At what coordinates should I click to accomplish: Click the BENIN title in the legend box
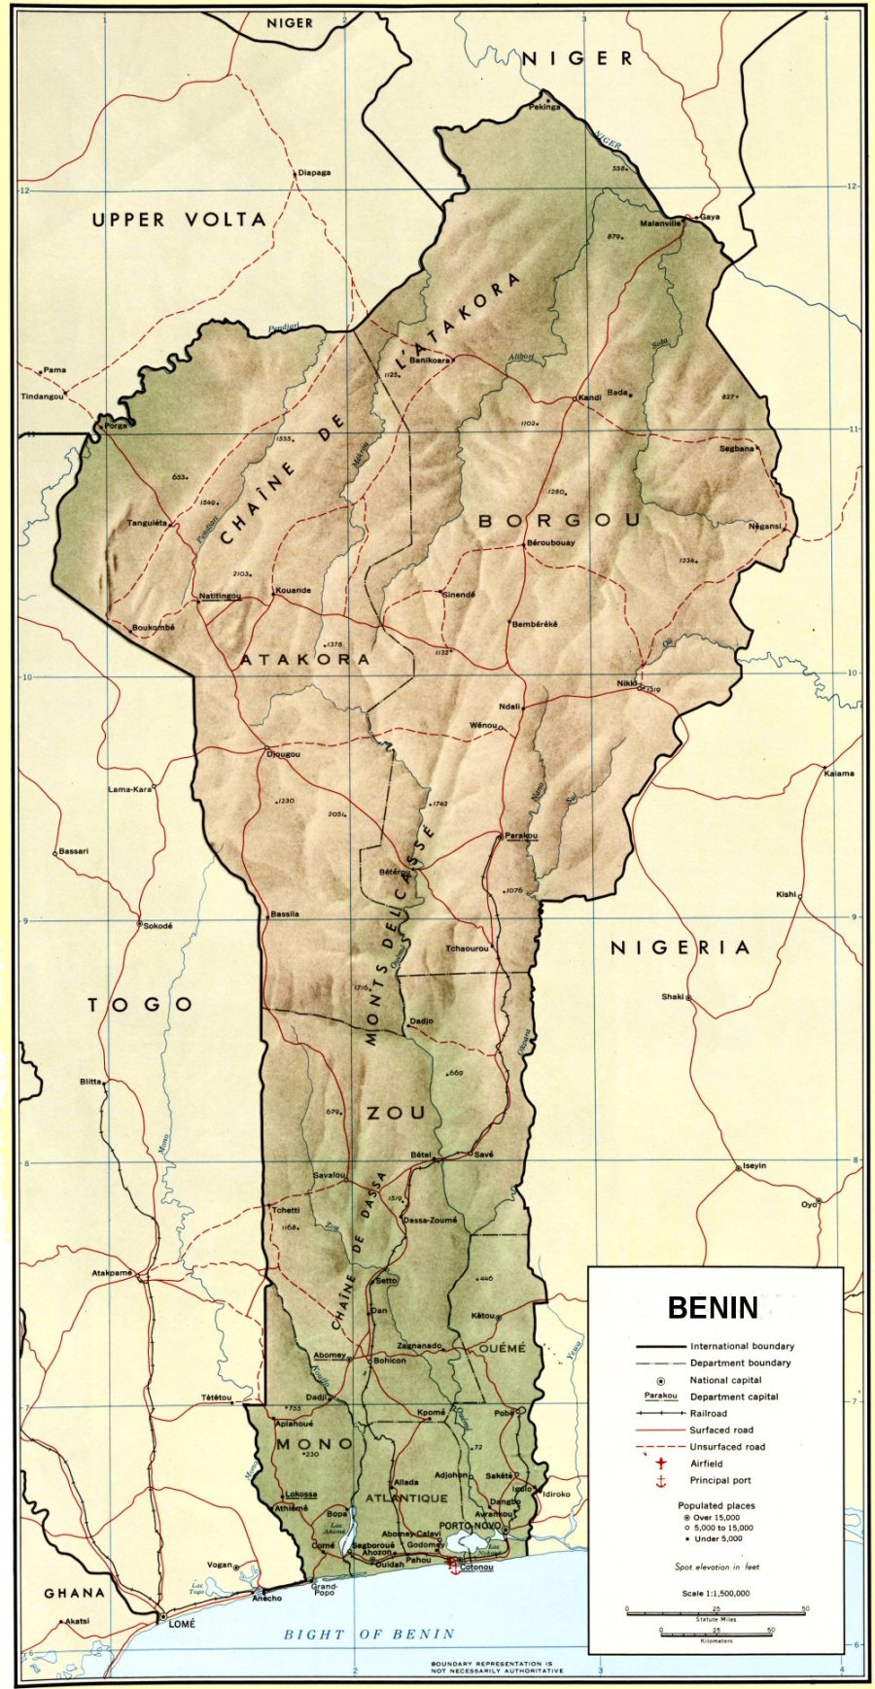click(712, 1308)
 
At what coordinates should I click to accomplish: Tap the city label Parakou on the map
click(521, 836)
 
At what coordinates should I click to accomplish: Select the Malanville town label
click(661, 224)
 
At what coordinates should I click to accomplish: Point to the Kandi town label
click(590, 397)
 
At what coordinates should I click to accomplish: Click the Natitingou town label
click(220, 596)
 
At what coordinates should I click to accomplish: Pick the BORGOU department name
click(559, 521)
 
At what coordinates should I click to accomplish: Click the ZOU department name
click(396, 1113)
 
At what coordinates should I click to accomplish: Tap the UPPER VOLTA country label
click(179, 221)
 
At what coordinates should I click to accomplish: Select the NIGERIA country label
click(680, 948)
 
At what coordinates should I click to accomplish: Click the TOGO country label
click(141, 1005)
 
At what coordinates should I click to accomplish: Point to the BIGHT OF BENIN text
click(368, 1635)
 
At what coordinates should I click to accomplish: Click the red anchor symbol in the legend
click(661, 1481)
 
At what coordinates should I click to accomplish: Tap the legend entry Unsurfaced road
click(727, 1447)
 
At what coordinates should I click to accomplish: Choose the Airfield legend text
click(707, 1464)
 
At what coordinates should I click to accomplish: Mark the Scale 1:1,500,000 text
click(716, 1594)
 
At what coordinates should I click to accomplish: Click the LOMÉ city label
click(182, 1623)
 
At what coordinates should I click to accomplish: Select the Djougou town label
click(284, 754)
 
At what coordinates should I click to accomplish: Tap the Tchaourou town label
click(467, 948)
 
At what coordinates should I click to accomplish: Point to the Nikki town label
click(627, 683)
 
